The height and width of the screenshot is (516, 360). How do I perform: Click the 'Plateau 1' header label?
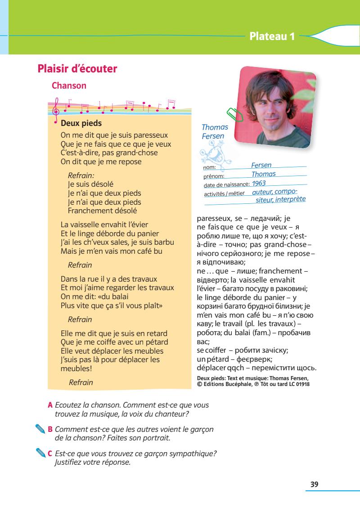(272, 36)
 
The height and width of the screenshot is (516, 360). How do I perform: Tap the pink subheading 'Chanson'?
(69, 85)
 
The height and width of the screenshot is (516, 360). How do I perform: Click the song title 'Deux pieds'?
(81, 123)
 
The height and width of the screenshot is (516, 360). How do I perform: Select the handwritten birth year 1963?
(259, 183)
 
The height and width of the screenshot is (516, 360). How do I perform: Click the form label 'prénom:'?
(214, 176)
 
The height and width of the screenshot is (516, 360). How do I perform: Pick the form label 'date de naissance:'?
(226, 184)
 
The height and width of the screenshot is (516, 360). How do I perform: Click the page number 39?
(314, 484)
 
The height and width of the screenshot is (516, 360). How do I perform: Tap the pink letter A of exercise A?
(50, 405)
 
